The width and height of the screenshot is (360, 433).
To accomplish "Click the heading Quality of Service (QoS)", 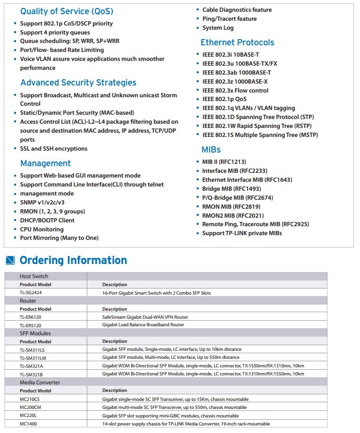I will (x=67, y=11).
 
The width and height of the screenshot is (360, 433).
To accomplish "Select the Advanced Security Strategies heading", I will (x=78, y=83).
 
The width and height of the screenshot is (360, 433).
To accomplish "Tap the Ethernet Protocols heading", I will (x=237, y=42).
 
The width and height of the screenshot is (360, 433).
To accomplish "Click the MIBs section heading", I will (x=211, y=150).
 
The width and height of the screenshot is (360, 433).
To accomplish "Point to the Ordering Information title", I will (x=73, y=260).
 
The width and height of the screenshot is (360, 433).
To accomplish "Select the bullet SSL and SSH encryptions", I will (x=53, y=149).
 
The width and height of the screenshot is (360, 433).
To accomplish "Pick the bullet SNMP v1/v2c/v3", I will (x=42, y=203).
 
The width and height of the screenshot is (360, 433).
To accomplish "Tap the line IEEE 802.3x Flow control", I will (x=235, y=90).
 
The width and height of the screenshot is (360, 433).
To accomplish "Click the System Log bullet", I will (x=218, y=28).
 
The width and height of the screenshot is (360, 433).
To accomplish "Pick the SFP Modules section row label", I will (x=35, y=333).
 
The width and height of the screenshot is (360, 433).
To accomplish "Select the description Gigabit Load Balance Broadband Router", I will (x=143, y=325).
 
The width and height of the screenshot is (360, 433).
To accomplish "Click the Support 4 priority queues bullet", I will (x=55, y=33).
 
